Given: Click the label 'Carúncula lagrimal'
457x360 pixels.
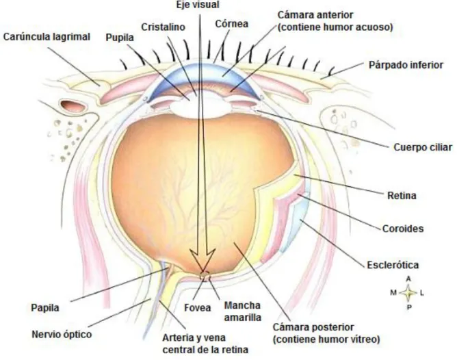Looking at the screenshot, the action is [47, 37].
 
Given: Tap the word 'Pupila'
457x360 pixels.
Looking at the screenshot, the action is [120, 38].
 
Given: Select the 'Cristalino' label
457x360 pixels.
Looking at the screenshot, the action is [164, 27].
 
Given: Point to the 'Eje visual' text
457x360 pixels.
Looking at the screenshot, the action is [198, 5].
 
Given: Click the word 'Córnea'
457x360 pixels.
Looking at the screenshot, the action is [232, 23].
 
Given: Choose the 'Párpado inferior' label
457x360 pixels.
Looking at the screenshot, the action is [406, 65].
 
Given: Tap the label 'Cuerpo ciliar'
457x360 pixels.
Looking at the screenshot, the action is [423, 147].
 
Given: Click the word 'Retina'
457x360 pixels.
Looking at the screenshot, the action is [402, 195].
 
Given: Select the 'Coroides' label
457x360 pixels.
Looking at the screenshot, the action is [403, 229].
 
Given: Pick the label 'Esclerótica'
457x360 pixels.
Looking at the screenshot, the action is [393, 265].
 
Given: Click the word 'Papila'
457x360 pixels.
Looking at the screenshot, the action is [45, 307].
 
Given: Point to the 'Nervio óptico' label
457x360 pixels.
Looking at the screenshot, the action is [62, 335].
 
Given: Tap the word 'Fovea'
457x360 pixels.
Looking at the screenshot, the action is [197, 308].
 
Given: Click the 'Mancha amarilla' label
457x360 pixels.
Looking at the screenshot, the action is [242, 311].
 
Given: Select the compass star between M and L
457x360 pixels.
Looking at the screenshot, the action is [408, 293].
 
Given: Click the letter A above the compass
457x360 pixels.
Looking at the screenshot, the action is [408, 279].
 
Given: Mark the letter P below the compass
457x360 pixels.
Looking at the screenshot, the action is [409, 307].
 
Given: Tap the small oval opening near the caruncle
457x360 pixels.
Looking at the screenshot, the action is [73, 105].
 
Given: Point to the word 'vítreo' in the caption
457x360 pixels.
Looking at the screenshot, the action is [365, 339].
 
